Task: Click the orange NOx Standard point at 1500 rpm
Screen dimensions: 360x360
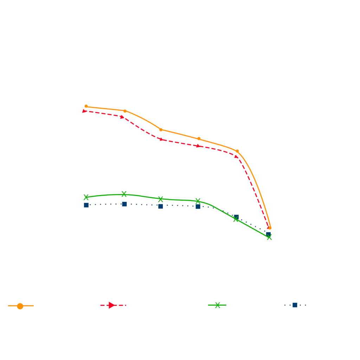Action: pyautogui.click(x=86, y=106)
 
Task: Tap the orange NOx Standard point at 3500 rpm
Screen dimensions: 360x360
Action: pyautogui.click(x=237, y=151)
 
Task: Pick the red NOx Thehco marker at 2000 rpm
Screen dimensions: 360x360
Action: pyautogui.click(x=122, y=117)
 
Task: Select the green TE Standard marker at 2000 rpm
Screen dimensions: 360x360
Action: pyautogui.click(x=124, y=194)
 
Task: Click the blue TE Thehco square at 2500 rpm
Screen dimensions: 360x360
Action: pyautogui.click(x=161, y=206)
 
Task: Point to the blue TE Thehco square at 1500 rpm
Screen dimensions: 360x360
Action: pyautogui.click(x=86, y=205)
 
